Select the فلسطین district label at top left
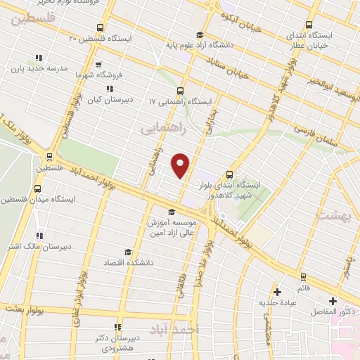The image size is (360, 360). (31, 20)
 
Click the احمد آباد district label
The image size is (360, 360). (176, 329)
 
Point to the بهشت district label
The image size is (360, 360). (335, 216)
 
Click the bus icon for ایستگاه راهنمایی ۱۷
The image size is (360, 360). (180, 91)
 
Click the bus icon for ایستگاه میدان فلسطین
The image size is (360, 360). (37, 188)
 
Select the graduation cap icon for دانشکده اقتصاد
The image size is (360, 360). (127, 252)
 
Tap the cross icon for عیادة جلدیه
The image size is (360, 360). (277, 291)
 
